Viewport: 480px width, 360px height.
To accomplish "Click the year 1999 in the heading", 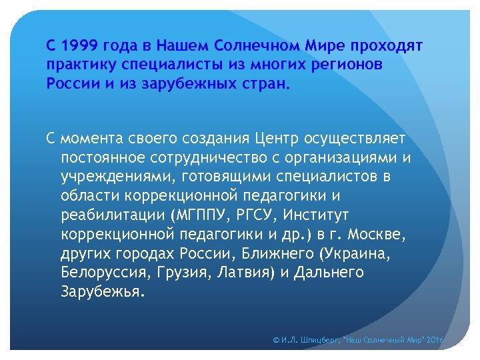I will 79,47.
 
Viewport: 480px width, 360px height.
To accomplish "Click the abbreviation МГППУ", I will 197,215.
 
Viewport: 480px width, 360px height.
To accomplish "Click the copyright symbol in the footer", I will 276,341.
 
